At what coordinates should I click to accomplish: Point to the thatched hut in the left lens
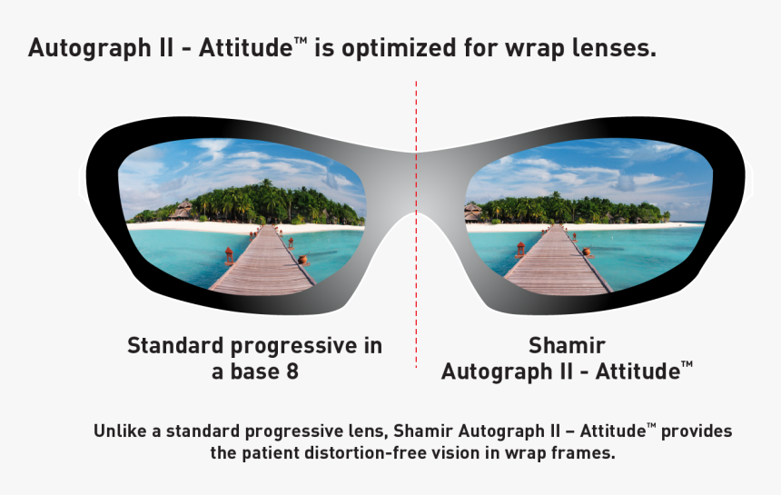point(182,211)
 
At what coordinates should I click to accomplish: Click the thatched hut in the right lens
point(473,213)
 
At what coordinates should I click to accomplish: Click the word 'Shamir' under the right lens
point(567,346)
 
